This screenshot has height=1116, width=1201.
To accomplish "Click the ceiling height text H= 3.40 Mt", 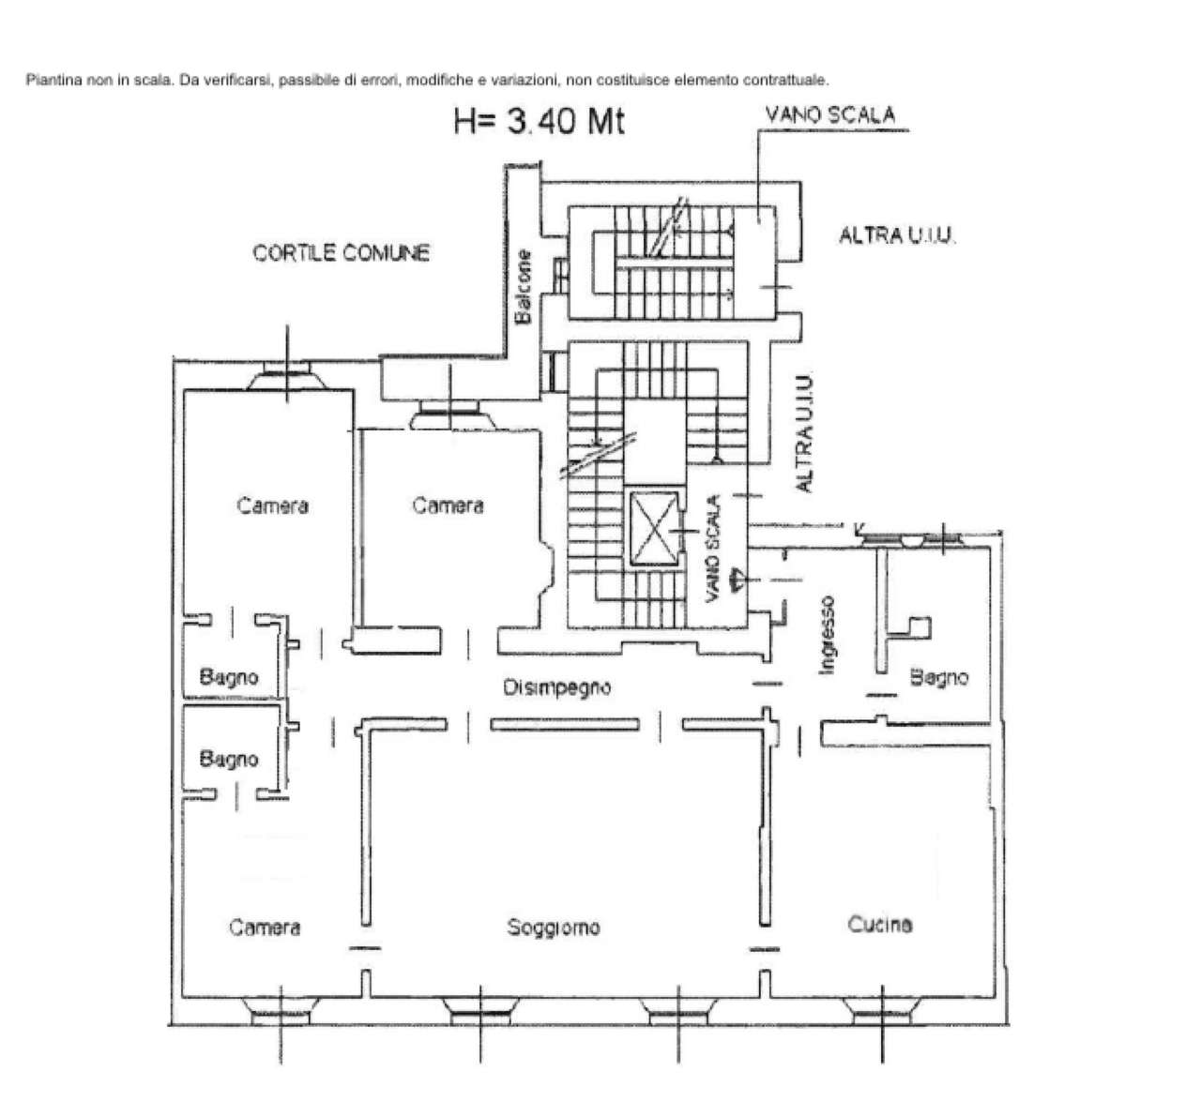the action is (x=539, y=122).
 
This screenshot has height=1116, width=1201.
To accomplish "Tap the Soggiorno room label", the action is (x=554, y=927).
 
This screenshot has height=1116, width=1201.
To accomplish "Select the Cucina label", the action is (x=880, y=925).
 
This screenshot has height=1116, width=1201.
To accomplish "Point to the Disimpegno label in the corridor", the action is (x=557, y=687).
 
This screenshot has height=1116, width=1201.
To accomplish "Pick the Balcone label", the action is (x=524, y=287).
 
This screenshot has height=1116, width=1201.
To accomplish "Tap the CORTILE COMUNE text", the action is (x=342, y=252).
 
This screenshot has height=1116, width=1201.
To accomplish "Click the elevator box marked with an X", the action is (x=654, y=529).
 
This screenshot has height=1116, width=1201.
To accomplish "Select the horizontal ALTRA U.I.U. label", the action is (x=897, y=235).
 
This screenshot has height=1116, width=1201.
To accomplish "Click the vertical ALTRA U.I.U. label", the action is (x=805, y=433).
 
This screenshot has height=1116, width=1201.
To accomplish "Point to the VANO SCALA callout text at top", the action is (x=830, y=114).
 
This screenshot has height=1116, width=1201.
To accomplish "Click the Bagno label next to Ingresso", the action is (x=939, y=678).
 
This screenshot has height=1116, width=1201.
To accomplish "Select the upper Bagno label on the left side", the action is (x=229, y=676).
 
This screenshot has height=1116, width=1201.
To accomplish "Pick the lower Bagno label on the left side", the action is (x=229, y=759).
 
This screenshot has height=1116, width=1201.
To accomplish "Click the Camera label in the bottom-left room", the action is (x=265, y=927).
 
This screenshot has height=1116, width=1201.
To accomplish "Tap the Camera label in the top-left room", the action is (x=273, y=505).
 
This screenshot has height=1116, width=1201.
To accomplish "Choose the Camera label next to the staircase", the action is (x=448, y=505).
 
